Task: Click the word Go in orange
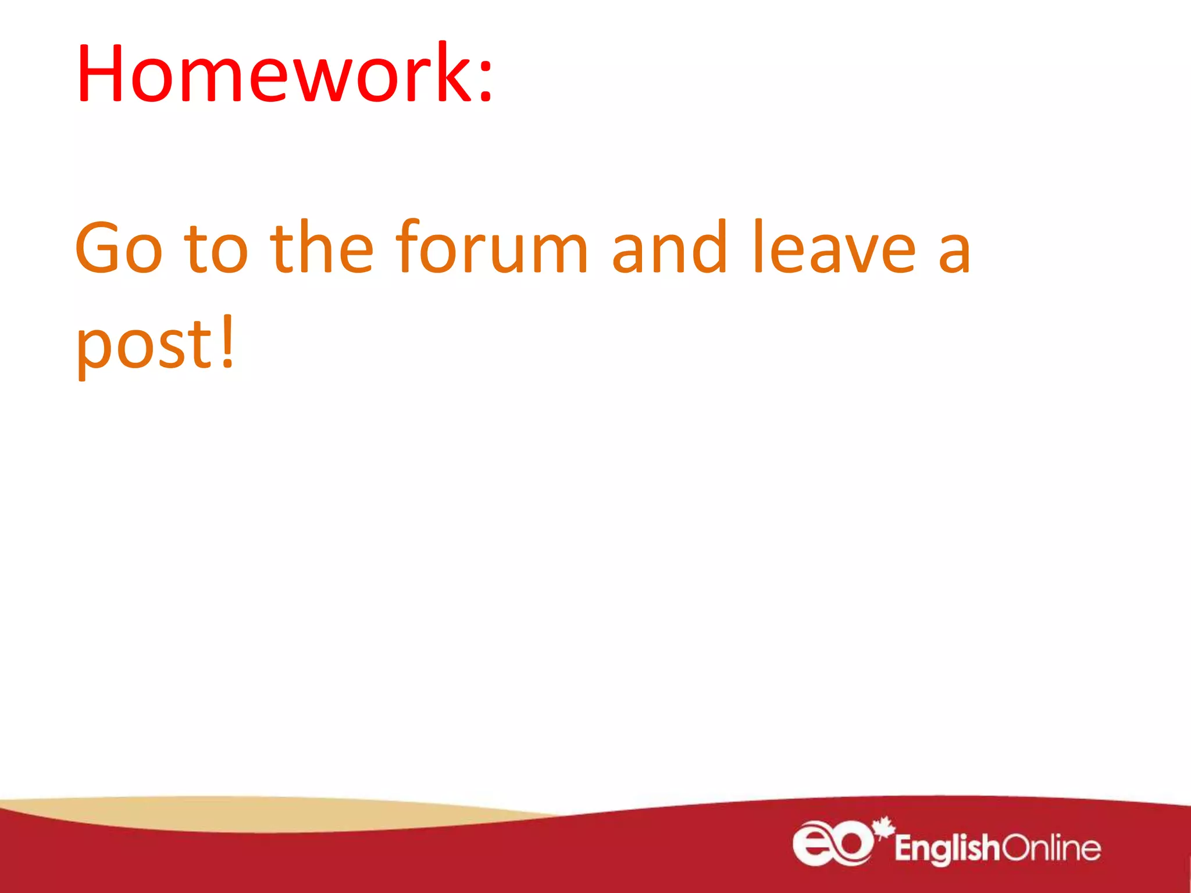(x=119, y=247)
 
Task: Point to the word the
(x=322, y=247)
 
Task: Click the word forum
(x=492, y=247)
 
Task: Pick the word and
(x=669, y=247)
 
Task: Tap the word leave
(x=835, y=247)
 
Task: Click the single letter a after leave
(x=954, y=253)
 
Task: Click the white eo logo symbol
(x=832, y=843)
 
